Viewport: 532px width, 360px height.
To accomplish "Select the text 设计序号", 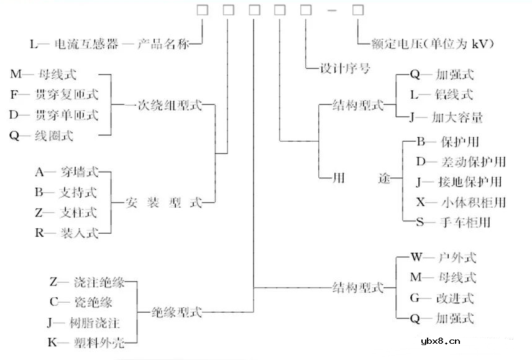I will pos(344,68).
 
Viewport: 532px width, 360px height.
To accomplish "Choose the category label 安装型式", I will pos(164,202).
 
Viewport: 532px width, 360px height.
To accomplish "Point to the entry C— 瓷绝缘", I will pos(81,302).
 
